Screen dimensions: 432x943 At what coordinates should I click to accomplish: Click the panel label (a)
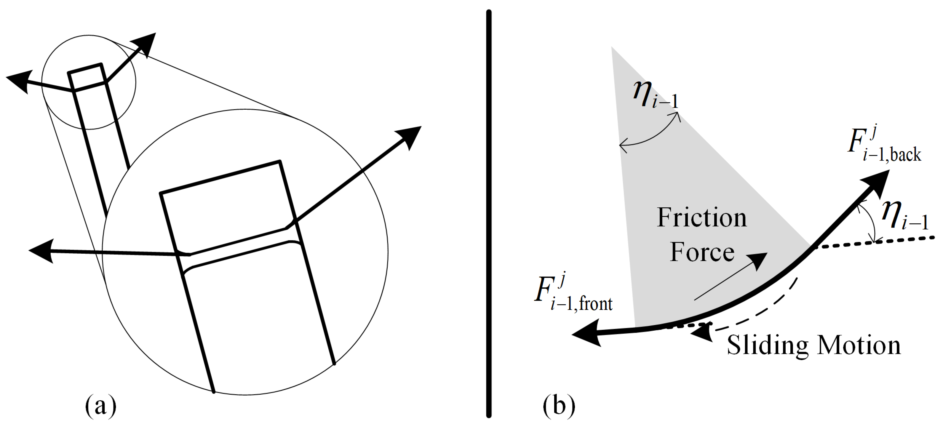[101, 406]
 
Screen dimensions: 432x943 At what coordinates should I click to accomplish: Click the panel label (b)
[559, 406]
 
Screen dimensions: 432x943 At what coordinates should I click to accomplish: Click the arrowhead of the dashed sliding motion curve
[701, 333]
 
